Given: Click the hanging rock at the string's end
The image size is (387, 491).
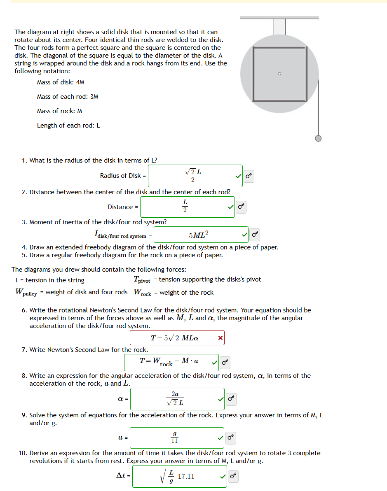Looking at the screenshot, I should click(x=318, y=138).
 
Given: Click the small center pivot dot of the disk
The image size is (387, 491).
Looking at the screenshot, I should click(x=279, y=74).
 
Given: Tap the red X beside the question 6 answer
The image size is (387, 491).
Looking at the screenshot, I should click(x=220, y=338).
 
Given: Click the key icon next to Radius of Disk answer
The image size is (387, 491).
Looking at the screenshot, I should click(x=248, y=176).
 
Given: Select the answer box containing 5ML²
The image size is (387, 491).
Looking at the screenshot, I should click(x=201, y=235).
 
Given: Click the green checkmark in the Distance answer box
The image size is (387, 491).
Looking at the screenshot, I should click(x=230, y=207).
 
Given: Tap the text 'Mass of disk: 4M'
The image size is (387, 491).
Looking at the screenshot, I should click(x=61, y=82).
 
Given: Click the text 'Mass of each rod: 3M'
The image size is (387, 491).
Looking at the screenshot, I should click(x=68, y=97).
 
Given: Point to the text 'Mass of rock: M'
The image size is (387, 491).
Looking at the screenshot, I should click(x=59, y=111).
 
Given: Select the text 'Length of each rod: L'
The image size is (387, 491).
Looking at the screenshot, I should click(x=68, y=126).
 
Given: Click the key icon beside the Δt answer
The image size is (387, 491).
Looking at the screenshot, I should click(x=233, y=477).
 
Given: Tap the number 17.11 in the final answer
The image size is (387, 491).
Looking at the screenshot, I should click(x=186, y=477).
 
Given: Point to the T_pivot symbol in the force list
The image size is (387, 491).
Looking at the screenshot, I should click(x=142, y=280).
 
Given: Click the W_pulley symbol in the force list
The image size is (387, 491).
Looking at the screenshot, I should click(x=26, y=293).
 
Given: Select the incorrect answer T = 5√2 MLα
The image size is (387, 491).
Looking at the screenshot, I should click(x=175, y=338).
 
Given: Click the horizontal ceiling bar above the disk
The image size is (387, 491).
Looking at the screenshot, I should click(x=279, y=18).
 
